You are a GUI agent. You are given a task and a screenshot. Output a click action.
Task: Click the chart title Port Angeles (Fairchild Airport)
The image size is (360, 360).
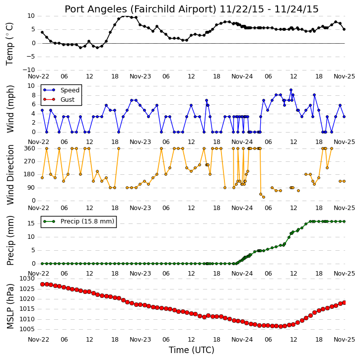coord(141,9)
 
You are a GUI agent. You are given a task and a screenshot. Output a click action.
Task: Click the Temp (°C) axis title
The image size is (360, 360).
coord(9,44)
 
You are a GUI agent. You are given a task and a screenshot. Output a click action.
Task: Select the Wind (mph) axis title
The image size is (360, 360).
coord(10,109)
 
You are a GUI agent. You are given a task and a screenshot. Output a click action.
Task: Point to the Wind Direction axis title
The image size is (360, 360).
coord(10,175)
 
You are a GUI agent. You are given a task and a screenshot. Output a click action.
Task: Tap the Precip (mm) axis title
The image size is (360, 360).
coord(10,241)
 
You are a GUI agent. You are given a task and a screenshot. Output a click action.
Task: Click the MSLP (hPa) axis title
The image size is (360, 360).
coord(10,306)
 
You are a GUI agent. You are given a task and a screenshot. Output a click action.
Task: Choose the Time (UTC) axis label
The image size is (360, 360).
coord(192,350)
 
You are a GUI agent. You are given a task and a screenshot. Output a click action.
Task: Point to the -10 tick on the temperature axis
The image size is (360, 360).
coord(28,70)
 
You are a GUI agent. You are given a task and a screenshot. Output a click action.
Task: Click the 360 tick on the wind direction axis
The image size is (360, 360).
coord(30,148)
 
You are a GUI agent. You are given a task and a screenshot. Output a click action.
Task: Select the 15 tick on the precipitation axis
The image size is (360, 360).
coord(31,223)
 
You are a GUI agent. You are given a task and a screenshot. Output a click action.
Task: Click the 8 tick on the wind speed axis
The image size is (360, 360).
coord(33,95)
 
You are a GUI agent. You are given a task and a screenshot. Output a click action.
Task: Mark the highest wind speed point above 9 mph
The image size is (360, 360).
coord(291,90)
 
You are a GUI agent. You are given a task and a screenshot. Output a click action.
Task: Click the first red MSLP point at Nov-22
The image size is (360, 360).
coord(42,284)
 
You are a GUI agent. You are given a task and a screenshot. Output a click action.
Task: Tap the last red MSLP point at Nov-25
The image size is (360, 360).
coord(344,302)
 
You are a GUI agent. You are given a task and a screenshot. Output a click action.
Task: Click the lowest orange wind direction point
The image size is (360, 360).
coord(264,197)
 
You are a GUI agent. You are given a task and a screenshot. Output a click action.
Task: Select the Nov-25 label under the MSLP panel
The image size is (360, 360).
coord(344,339)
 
